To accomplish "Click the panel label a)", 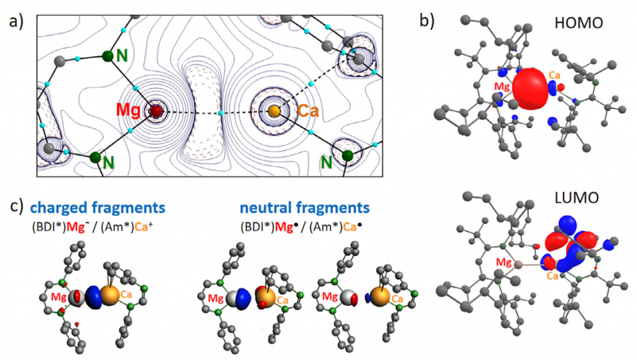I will click(16, 22).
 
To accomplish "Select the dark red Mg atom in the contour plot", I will click(155, 112).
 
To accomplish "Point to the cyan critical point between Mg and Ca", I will click(221, 113).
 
